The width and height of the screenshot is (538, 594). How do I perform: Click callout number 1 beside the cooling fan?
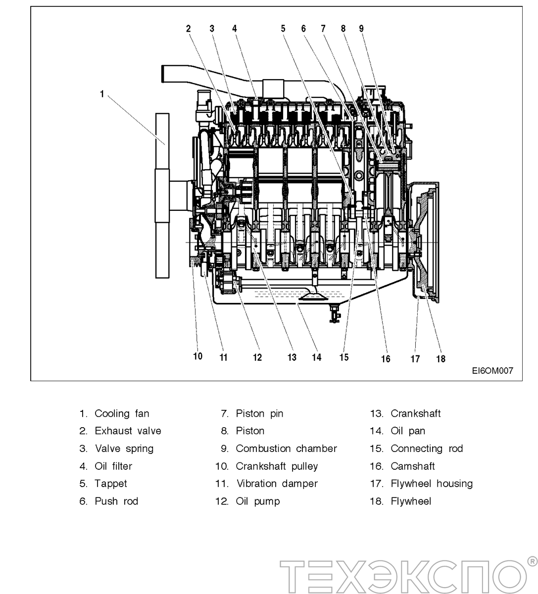point(102,94)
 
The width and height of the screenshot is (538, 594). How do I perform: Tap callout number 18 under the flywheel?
point(440,359)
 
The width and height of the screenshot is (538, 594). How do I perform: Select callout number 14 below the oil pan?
point(316,357)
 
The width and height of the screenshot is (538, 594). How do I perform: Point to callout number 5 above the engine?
point(283,29)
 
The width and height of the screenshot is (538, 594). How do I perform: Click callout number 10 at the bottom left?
point(197,356)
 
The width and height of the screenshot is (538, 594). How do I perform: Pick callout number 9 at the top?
point(361,29)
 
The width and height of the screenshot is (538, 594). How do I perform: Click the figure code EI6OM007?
point(492,370)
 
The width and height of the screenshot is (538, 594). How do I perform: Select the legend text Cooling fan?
point(122,413)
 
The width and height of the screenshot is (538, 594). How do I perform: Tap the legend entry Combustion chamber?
point(286,448)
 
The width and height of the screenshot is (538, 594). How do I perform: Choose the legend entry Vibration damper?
point(277,484)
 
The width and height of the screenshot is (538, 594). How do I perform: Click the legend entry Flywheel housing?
point(432,484)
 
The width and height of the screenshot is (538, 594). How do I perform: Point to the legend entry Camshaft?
point(413,466)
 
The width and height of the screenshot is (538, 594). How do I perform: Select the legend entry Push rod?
point(116,501)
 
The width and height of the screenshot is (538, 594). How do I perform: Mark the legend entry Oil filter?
point(113,466)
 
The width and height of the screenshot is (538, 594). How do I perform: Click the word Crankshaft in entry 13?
point(416,413)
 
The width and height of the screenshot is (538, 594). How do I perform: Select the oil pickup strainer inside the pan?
point(313,297)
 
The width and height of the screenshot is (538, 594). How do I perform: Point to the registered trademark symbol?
point(532,561)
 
